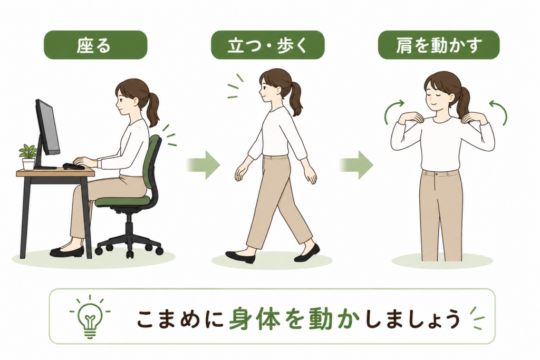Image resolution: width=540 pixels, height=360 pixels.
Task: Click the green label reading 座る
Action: click(95, 45)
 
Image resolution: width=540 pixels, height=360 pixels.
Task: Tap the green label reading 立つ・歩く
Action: click(267, 45)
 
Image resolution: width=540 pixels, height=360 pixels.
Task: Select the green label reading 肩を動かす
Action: click(438, 45)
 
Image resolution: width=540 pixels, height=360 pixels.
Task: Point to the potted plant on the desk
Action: click(28, 157)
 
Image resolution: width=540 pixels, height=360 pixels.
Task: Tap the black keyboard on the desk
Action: click(73, 166)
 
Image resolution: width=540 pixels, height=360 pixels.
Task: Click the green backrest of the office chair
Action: click(153, 161)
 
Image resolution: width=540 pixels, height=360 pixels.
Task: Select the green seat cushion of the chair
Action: click(122, 201)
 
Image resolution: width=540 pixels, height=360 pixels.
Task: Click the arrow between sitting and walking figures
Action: click(203, 164)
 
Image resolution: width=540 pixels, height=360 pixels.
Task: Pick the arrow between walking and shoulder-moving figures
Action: click(356, 164)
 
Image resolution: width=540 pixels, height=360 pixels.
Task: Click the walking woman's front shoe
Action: click(240, 257)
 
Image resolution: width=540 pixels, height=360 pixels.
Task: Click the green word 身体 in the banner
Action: click(254, 319)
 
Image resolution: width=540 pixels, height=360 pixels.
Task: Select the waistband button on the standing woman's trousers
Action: click(436, 174)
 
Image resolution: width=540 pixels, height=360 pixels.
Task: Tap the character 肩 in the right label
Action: click(404, 45)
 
